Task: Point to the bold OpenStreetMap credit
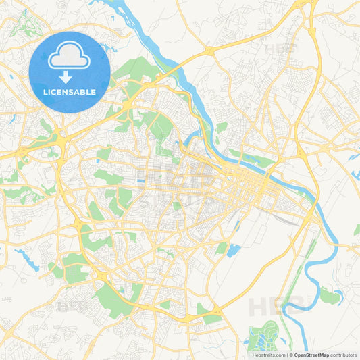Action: [x=311, y=355]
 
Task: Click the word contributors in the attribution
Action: [x=344, y=355]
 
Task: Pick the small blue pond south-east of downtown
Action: [x=233, y=251]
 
